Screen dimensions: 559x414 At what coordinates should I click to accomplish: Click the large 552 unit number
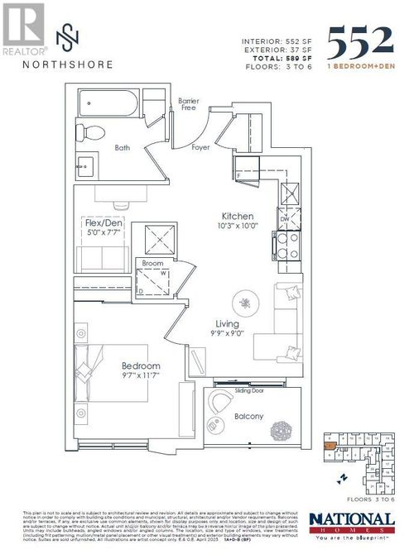360,40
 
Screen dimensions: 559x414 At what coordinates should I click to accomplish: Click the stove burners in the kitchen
283,246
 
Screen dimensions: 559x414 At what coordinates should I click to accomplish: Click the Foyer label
200,148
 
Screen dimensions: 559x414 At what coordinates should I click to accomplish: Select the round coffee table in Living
247,301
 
